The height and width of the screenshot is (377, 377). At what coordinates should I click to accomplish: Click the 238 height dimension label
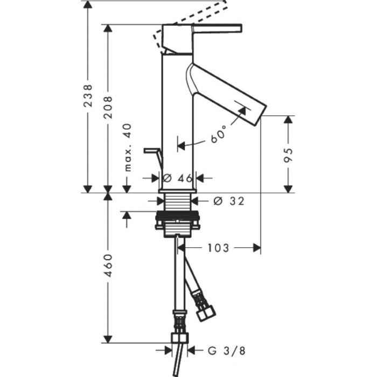point(88,96)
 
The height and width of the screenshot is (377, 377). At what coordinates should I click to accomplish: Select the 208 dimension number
point(108,107)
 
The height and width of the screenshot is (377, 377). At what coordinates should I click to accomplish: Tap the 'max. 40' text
point(128,148)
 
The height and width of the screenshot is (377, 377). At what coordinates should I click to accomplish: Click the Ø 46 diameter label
point(178,178)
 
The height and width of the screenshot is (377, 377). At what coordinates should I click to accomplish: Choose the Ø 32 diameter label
point(229,201)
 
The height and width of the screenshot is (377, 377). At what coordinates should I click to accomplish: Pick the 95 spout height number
point(288,156)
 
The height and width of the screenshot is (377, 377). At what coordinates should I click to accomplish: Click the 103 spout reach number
point(218,248)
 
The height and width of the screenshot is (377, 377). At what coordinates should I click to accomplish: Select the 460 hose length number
point(108,266)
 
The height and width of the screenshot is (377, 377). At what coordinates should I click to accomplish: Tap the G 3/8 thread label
point(227,351)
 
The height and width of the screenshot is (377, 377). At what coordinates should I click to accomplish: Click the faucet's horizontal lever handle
point(217,28)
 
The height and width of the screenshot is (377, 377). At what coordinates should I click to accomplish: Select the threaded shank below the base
point(177,203)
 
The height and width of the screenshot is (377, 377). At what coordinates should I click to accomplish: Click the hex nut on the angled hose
point(206,314)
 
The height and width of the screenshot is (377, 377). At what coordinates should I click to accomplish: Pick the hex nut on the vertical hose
point(180,338)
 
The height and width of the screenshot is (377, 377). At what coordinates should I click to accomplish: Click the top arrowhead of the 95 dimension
point(288,120)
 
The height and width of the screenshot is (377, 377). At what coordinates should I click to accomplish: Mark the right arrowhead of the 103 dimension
point(257,248)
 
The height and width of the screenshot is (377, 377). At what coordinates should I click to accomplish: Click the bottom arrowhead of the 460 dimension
point(108,339)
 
